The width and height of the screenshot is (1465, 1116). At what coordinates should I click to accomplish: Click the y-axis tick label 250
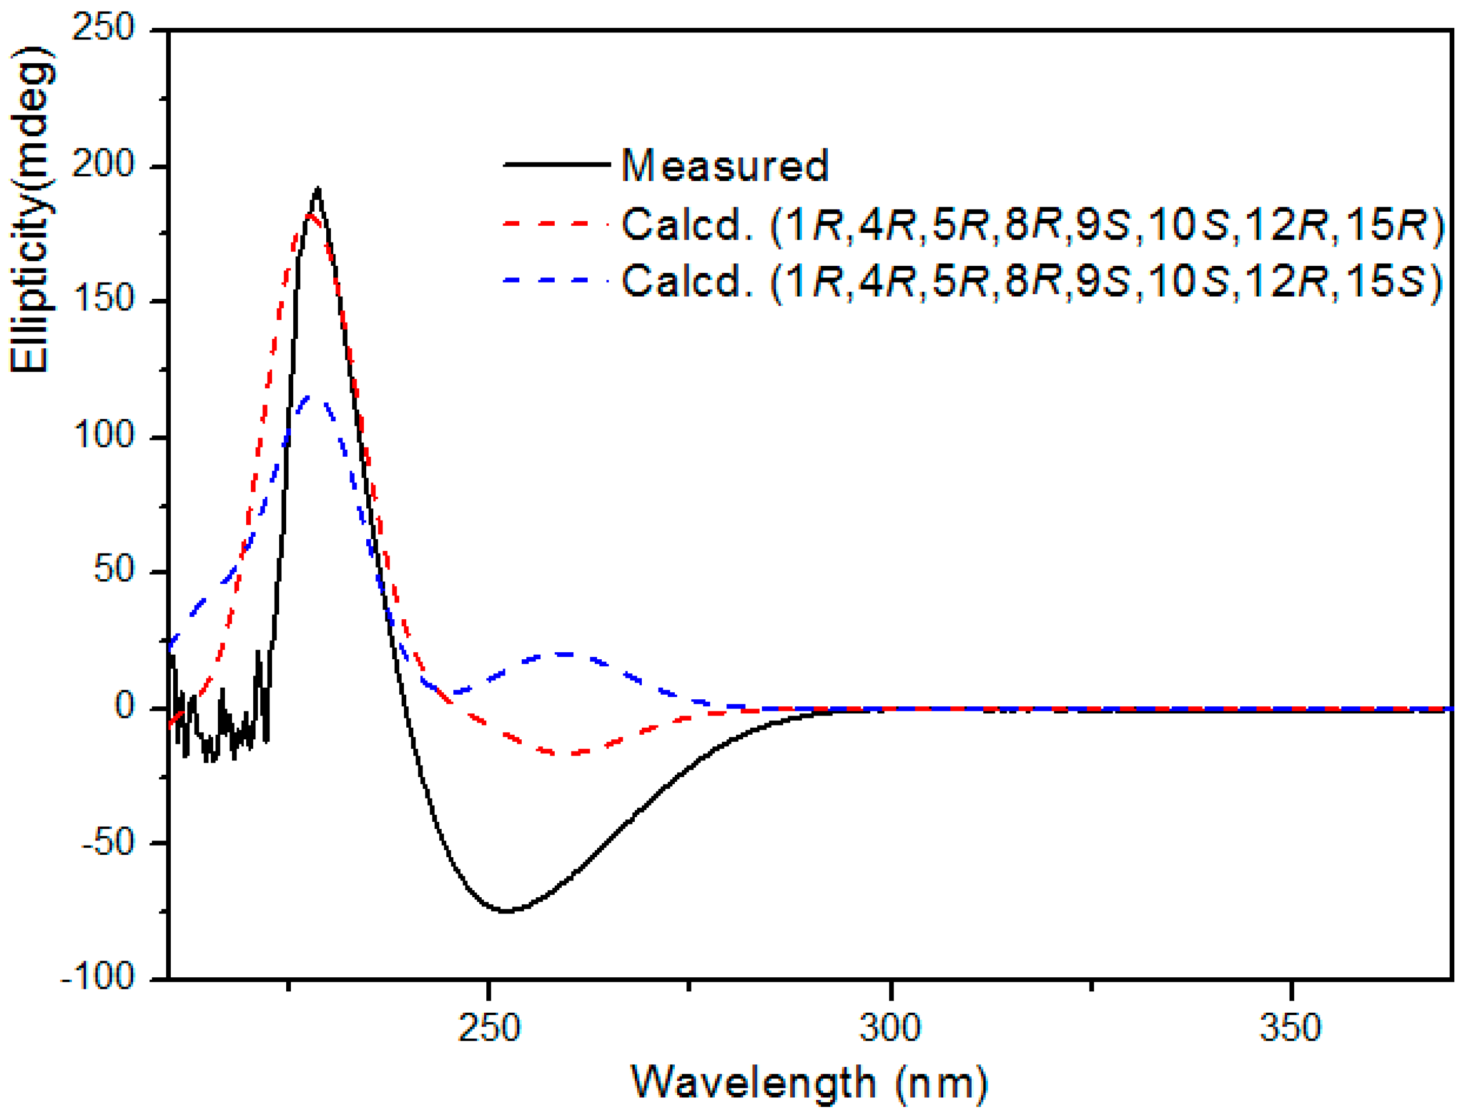(x=103, y=29)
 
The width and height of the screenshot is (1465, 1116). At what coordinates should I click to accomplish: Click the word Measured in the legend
(x=725, y=166)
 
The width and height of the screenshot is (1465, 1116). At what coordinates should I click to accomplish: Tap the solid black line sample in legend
(x=557, y=164)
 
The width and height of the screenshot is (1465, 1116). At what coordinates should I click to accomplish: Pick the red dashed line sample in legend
(x=557, y=224)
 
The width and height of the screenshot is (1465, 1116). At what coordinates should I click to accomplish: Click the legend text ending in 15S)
(x=1033, y=282)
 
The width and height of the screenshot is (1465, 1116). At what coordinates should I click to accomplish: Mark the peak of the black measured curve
(x=318, y=189)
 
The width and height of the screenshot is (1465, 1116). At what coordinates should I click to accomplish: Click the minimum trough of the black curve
(x=506, y=911)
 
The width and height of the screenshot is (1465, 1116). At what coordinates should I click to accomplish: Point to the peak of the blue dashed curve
(x=310, y=396)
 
